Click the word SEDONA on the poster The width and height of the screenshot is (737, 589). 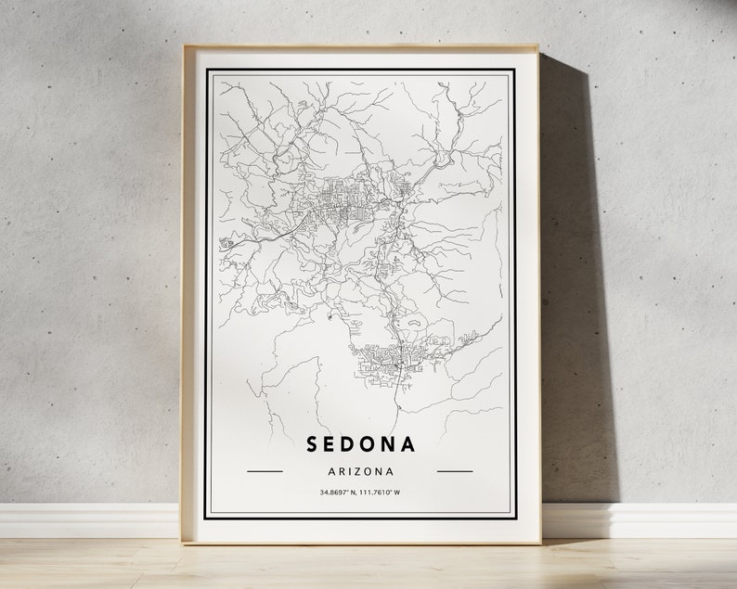[x=360, y=444]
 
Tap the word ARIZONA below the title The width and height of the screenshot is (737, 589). [x=360, y=471]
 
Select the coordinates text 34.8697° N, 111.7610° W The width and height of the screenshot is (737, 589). [x=360, y=492]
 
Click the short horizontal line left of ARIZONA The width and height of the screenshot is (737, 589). [x=265, y=471]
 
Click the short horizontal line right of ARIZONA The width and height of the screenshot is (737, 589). [x=455, y=471]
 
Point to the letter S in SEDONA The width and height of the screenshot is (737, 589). [x=313, y=444]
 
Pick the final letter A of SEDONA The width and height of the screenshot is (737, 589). [x=408, y=444]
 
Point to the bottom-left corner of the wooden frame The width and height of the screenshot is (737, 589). [x=183, y=542]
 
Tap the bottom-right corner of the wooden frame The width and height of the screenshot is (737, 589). [x=539, y=542]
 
